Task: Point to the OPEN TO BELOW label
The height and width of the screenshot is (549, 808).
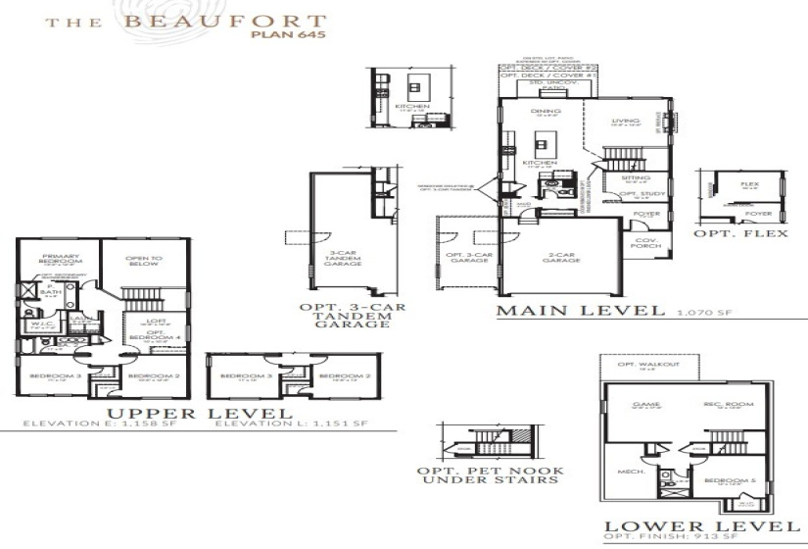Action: (x=143, y=262)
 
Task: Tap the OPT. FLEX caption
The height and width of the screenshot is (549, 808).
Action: (x=741, y=234)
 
